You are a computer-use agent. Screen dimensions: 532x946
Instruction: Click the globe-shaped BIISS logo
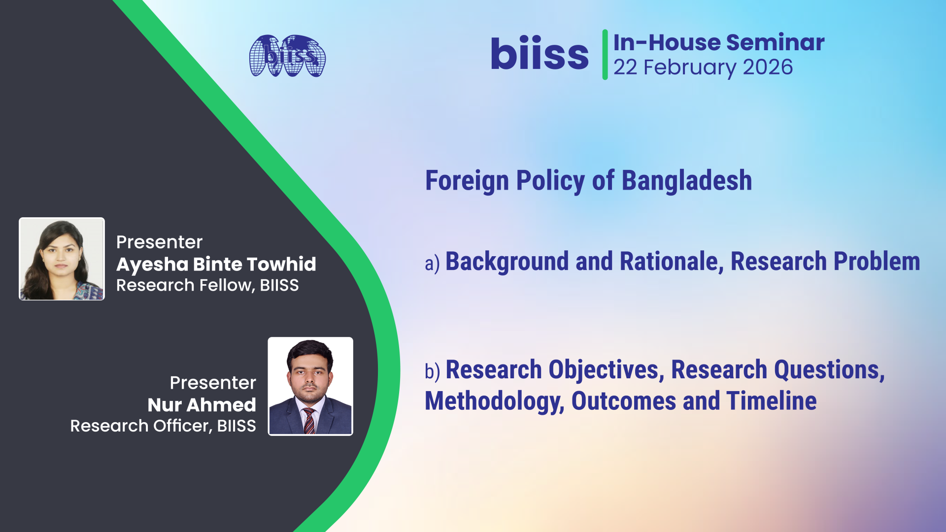coord(287,56)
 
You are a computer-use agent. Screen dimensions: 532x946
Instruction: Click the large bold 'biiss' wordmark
coord(540,54)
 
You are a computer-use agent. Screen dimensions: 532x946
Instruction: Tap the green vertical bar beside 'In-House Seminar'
coord(605,54)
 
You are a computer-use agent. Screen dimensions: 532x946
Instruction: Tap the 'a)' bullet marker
coord(432,263)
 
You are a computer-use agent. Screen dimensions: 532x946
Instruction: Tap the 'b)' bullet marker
coord(432,371)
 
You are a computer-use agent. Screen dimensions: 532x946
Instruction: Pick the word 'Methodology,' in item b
coord(494,401)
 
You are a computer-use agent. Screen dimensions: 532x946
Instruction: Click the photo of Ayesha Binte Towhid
coord(62,259)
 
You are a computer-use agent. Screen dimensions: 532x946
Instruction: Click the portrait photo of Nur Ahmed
coord(310,386)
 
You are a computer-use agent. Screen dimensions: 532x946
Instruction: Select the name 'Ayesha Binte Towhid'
coord(216,265)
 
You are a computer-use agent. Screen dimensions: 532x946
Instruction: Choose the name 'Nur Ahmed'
coord(202,405)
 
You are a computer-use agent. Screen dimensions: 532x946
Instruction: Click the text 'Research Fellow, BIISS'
coord(207,285)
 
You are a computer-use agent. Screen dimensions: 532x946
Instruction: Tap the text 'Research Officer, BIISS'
coord(163,426)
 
